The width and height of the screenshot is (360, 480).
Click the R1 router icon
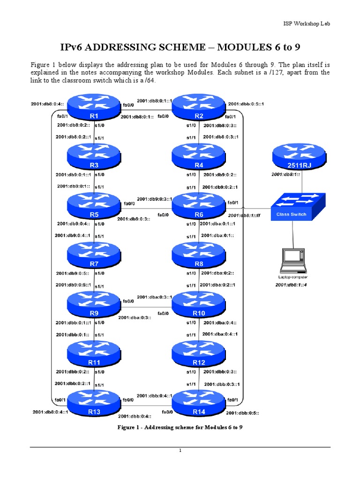(94, 107)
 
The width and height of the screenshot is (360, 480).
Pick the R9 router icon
(94, 304)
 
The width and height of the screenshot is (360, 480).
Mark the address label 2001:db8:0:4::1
(51, 412)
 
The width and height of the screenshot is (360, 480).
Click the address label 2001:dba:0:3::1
(154, 297)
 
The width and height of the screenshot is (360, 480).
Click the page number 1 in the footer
(180, 451)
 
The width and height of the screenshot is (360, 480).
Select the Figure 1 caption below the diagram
(180, 427)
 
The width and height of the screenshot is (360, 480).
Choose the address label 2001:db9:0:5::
(73, 273)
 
